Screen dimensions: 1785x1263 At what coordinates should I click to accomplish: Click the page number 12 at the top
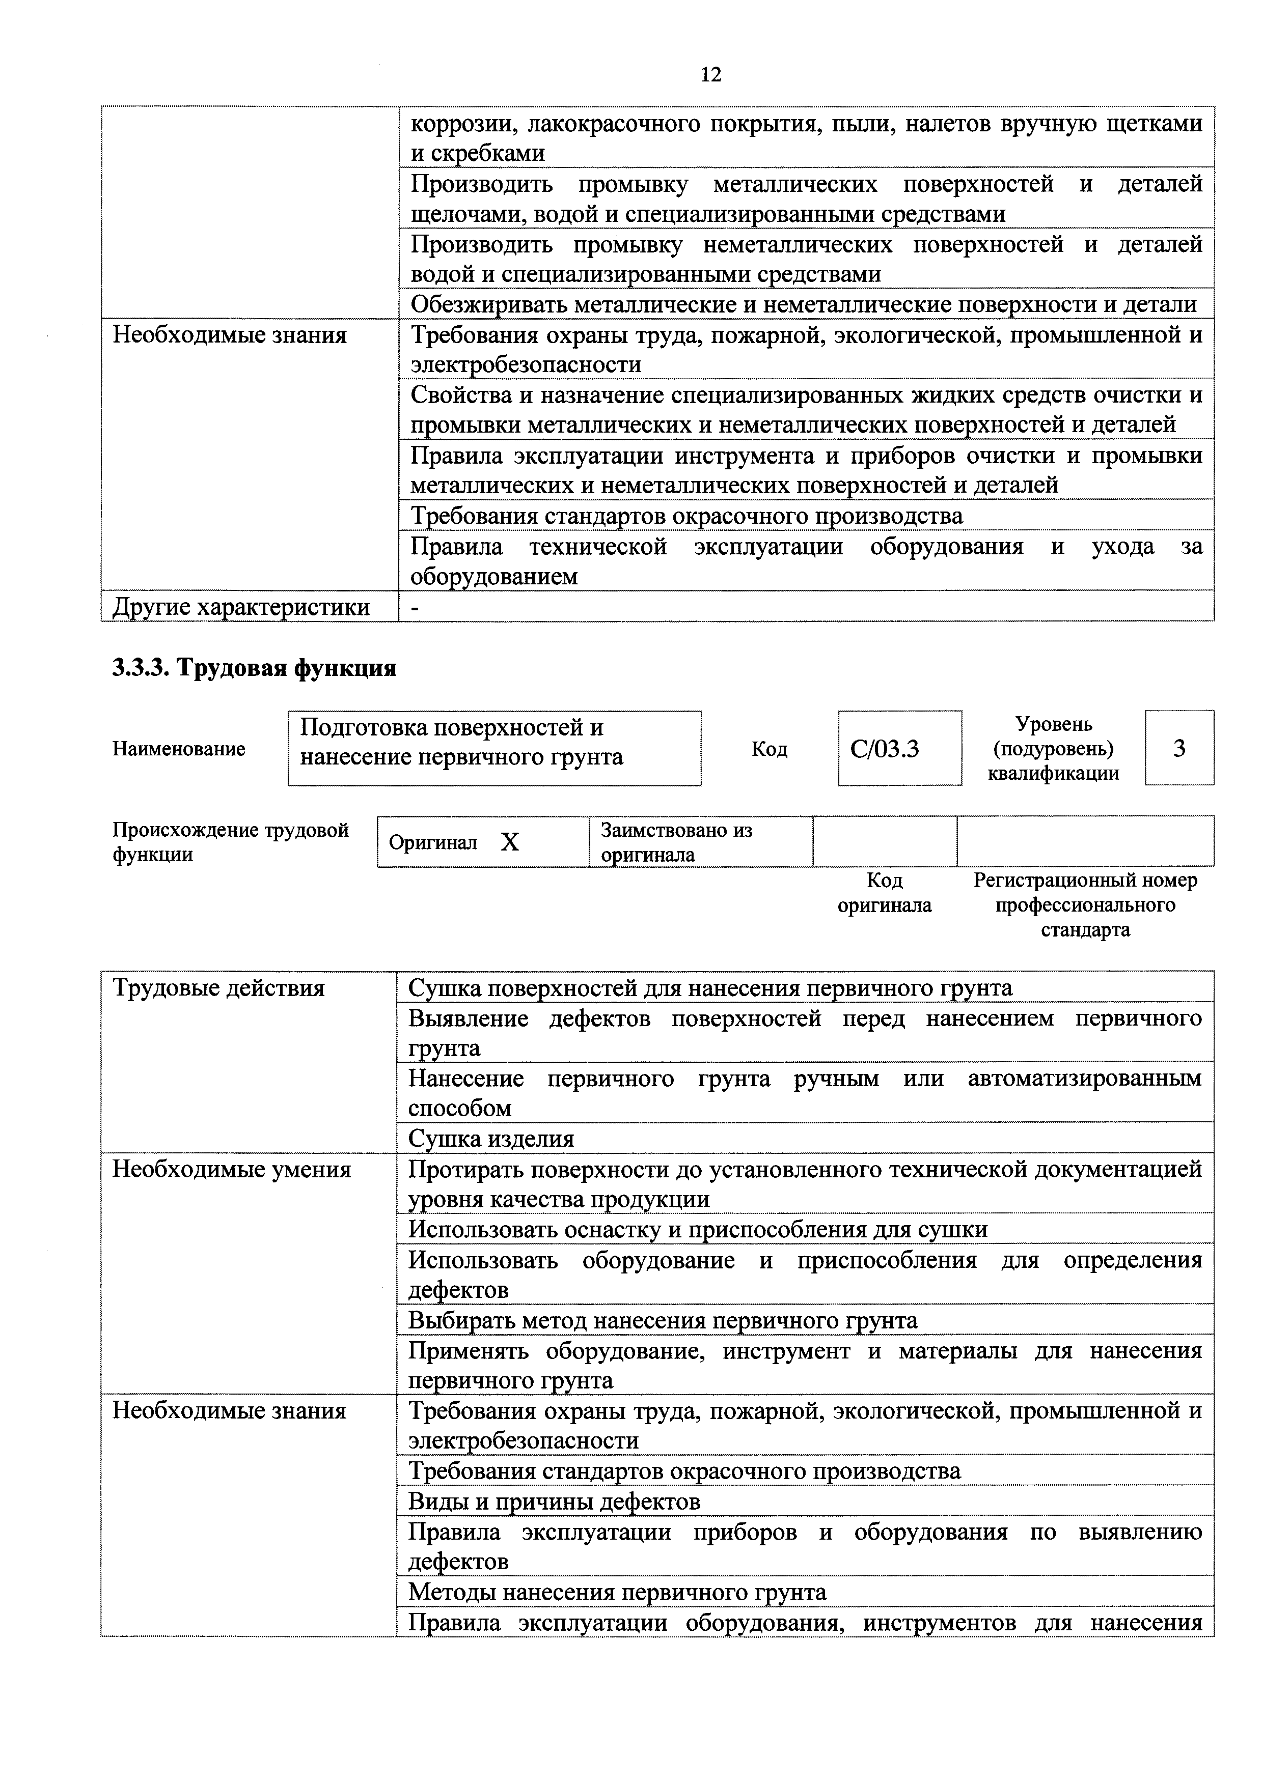(x=710, y=75)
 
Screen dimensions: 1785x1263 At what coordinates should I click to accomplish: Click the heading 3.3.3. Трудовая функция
(x=254, y=668)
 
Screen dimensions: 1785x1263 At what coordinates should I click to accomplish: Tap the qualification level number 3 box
(x=1178, y=748)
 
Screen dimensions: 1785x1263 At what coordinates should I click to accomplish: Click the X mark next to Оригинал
(x=509, y=842)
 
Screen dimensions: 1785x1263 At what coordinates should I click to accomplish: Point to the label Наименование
(x=179, y=749)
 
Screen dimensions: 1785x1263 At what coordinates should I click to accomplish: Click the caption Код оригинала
(x=884, y=893)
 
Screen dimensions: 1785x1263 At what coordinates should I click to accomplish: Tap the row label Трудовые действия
(x=218, y=988)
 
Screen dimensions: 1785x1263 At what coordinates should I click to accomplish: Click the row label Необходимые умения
(x=232, y=1169)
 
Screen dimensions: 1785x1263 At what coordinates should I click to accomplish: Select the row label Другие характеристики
(x=241, y=606)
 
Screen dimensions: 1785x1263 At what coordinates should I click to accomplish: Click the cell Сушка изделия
(x=491, y=1139)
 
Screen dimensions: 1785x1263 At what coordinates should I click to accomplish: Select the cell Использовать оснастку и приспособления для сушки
(x=698, y=1230)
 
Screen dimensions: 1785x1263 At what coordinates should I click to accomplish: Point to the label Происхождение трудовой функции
(x=230, y=842)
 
